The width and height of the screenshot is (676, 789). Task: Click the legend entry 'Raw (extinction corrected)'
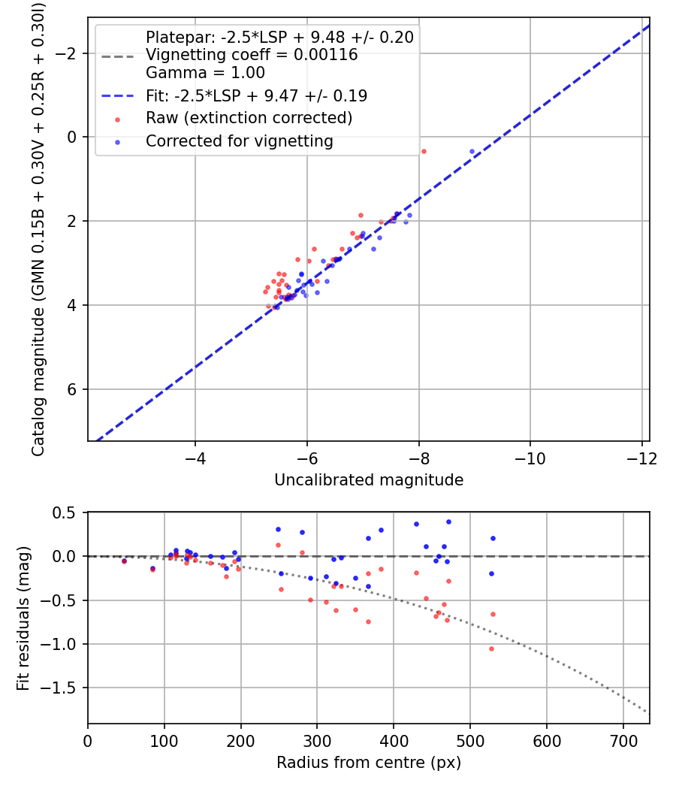pyautogui.click(x=249, y=118)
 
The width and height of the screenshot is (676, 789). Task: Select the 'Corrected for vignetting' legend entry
pyautogui.click(x=240, y=141)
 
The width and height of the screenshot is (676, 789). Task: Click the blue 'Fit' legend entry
pyautogui.click(x=256, y=95)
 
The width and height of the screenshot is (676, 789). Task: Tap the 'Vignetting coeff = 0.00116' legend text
pyautogui.click(x=252, y=55)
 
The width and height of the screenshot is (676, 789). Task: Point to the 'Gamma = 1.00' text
pyautogui.click(x=205, y=73)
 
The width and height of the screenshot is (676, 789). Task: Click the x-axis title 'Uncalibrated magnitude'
pyautogui.click(x=368, y=479)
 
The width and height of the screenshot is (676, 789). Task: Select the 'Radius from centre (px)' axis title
pyautogui.click(x=368, y=763)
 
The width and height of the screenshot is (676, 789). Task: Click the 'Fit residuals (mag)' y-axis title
pyautogui.click(x=23, y=618)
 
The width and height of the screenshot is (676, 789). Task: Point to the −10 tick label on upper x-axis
pyautogui.click(x=530, y=458)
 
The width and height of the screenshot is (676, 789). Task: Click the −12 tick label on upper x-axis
pyautogui.click(x=641, y=458)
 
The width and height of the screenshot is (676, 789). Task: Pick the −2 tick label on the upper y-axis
pyautogui.click(x=68, y=53)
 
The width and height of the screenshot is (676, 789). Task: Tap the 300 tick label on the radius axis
pyautogui.click(x=317, y=741)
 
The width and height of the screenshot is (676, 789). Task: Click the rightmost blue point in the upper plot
pyautogui.click(x=472, y=151)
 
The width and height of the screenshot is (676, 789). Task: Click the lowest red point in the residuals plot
pyautogui.click(x=492, y=648)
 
